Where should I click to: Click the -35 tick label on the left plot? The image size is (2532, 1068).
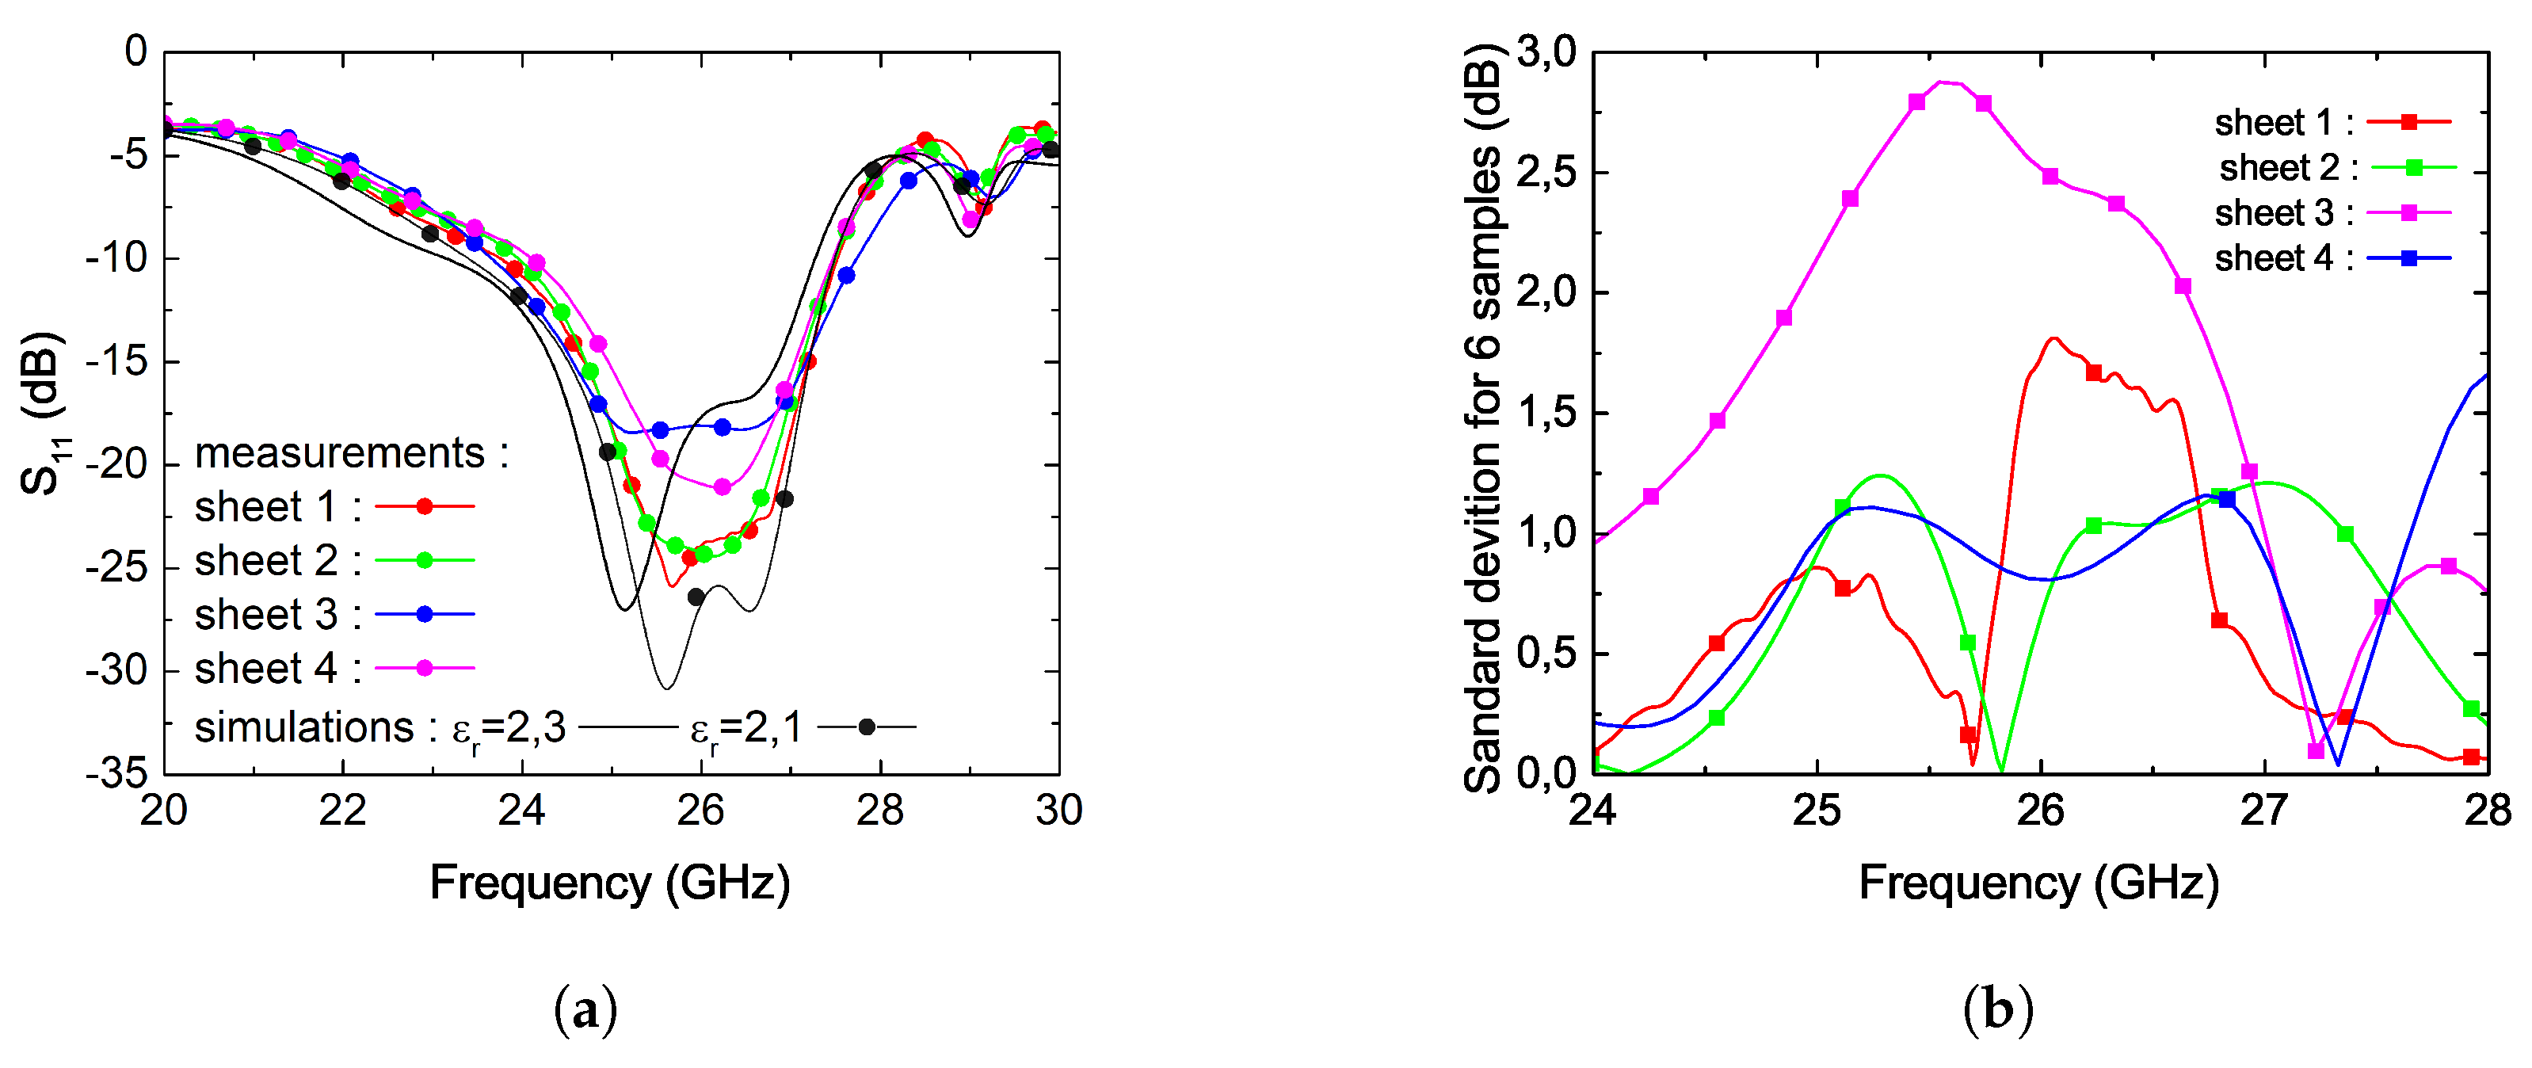click(116, 774)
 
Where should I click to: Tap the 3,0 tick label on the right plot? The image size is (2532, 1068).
click(1546, 51)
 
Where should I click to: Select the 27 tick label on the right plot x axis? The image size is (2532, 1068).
click(2265, 811)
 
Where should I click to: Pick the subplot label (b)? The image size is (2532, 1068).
click(1997, 1010)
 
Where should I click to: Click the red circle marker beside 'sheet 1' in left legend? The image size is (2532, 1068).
click(425, 506)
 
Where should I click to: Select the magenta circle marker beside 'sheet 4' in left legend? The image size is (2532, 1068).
click(425, 669)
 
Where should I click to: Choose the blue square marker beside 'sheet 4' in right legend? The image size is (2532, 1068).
click(2409, 258)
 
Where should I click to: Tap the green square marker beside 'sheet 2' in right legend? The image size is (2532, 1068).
click(2414, 168)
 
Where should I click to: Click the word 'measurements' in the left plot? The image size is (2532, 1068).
click(340, 453)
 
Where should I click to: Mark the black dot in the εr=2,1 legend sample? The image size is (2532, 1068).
click(866, 728)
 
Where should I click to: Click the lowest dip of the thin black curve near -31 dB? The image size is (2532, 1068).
click(666, 688)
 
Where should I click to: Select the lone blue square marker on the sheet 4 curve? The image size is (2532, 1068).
click(2226, 500)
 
